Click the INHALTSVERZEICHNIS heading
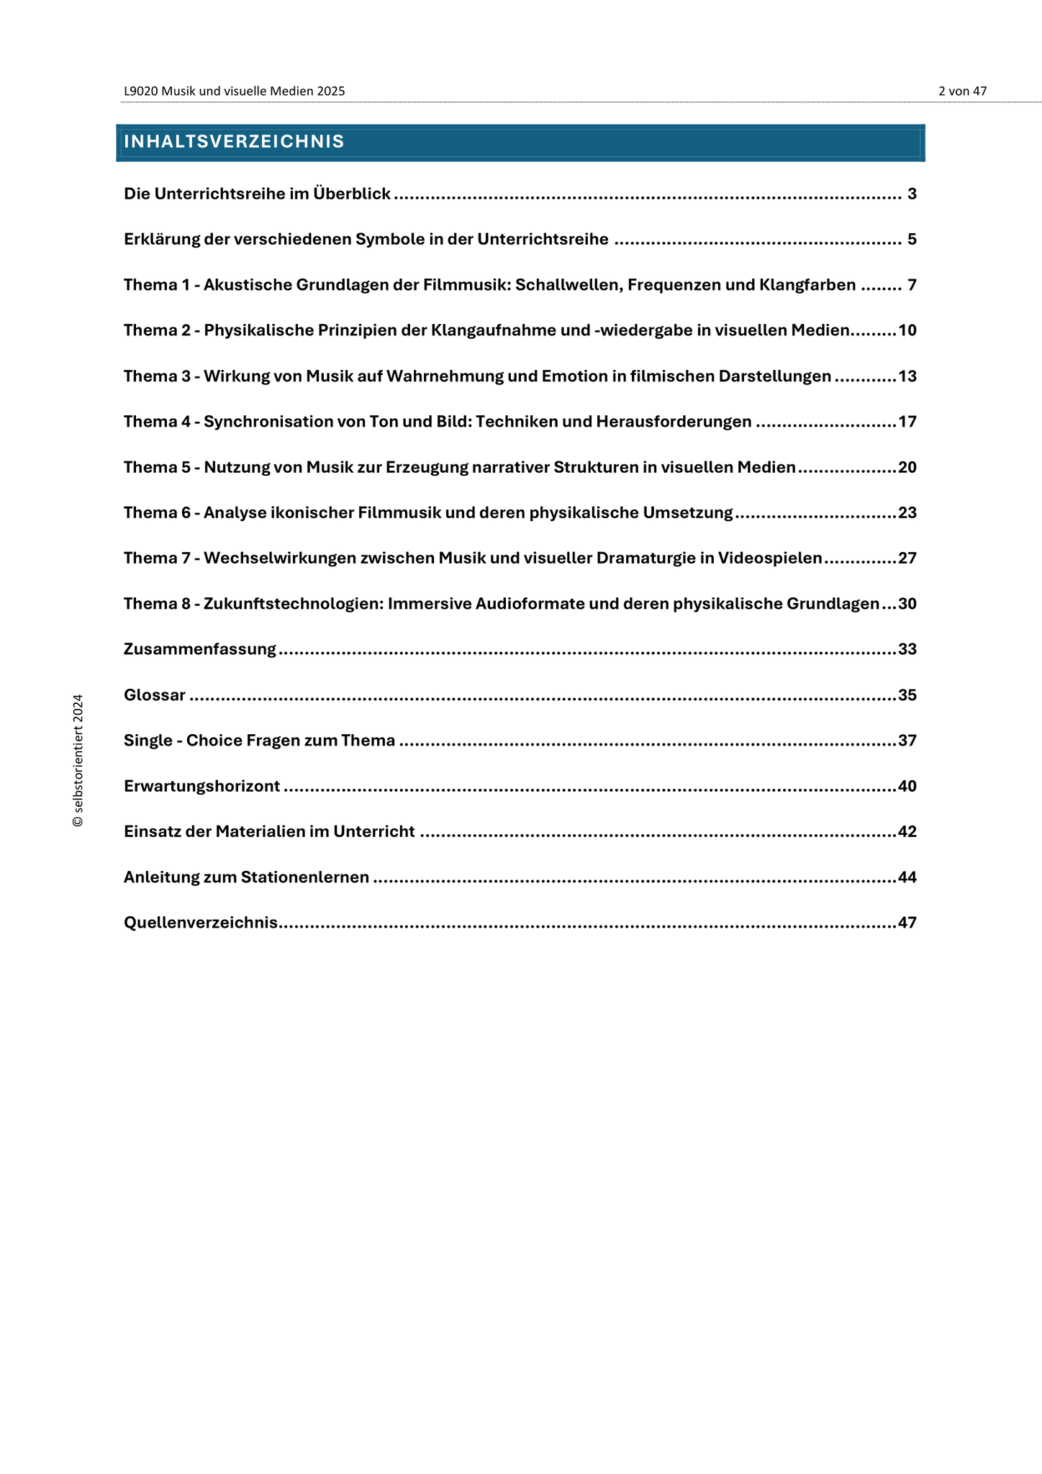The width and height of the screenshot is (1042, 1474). click(x=234, y=142)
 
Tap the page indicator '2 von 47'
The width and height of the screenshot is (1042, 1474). click(x=962, y=91)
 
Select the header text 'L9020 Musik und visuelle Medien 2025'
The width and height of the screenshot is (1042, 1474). click(x=234, y=91)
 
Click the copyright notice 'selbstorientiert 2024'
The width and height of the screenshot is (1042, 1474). click(x=78, y=760)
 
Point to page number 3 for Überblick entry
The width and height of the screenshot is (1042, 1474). click(x=912, y=194)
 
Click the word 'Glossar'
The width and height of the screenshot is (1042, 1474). click(x=155, y=695)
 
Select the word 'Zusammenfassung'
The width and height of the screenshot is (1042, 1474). click(x=200, y=649)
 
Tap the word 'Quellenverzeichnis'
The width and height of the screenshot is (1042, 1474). click(x=201, y=923)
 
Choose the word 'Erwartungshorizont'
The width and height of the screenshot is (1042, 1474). click(x=201, y=786)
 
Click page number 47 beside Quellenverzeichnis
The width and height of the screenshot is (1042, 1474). click(x=907, y=923)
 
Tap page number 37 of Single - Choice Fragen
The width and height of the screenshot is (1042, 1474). click(x=907, y=741)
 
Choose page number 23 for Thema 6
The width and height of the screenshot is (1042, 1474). click(x=907, y=513)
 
